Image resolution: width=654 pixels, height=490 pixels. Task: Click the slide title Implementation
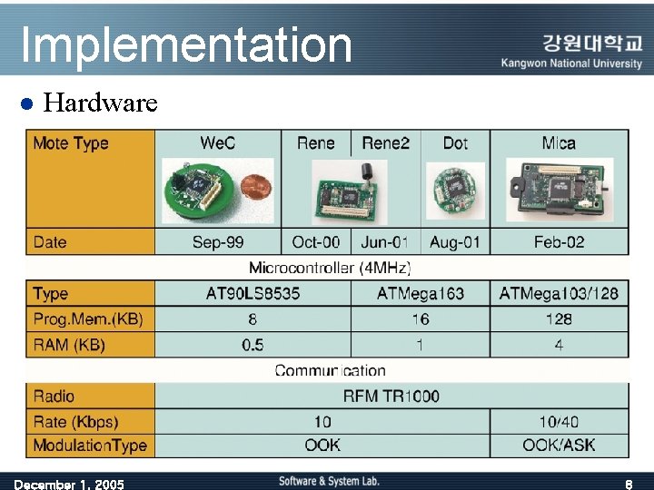pyautogui.click(x=185, y=44)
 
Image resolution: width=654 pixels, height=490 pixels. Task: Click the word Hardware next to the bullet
pyautogui.click(x=101, y=103)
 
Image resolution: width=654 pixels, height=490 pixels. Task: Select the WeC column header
pyautogui.click(x=218, y=142)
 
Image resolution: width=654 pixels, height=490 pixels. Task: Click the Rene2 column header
pyautogui.click(x=386, y=142)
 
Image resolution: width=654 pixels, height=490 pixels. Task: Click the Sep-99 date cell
pyautogui.click(x=218, y=241)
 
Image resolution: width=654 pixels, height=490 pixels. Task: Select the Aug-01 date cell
pyautogui.click(x=455, y=241)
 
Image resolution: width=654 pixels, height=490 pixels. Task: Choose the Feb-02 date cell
pyautogui.click(x=559, y=241)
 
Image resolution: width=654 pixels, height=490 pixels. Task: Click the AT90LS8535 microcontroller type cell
pyautogui.click(x=253, y=293)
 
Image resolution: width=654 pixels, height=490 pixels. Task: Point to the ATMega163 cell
pyautogui.click(x=420, y=293)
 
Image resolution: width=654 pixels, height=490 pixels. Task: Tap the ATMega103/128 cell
pyautogui.click(x=559, y=293)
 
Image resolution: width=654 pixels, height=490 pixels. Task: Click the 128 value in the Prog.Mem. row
pyautogui.click(x=559, y=318)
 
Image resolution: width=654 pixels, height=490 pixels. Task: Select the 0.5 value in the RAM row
pyautogui.click(x=253, y=344)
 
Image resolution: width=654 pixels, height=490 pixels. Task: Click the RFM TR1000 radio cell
pyautogui.click(x=391, y=396)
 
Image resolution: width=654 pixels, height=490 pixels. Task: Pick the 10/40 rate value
pyautogui.click(x=559, y=421)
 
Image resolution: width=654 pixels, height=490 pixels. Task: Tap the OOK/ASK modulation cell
pyautogui.click(x=559, y=446)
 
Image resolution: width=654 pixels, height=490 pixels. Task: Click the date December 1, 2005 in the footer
pyautogui.click(x=69, y=484)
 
